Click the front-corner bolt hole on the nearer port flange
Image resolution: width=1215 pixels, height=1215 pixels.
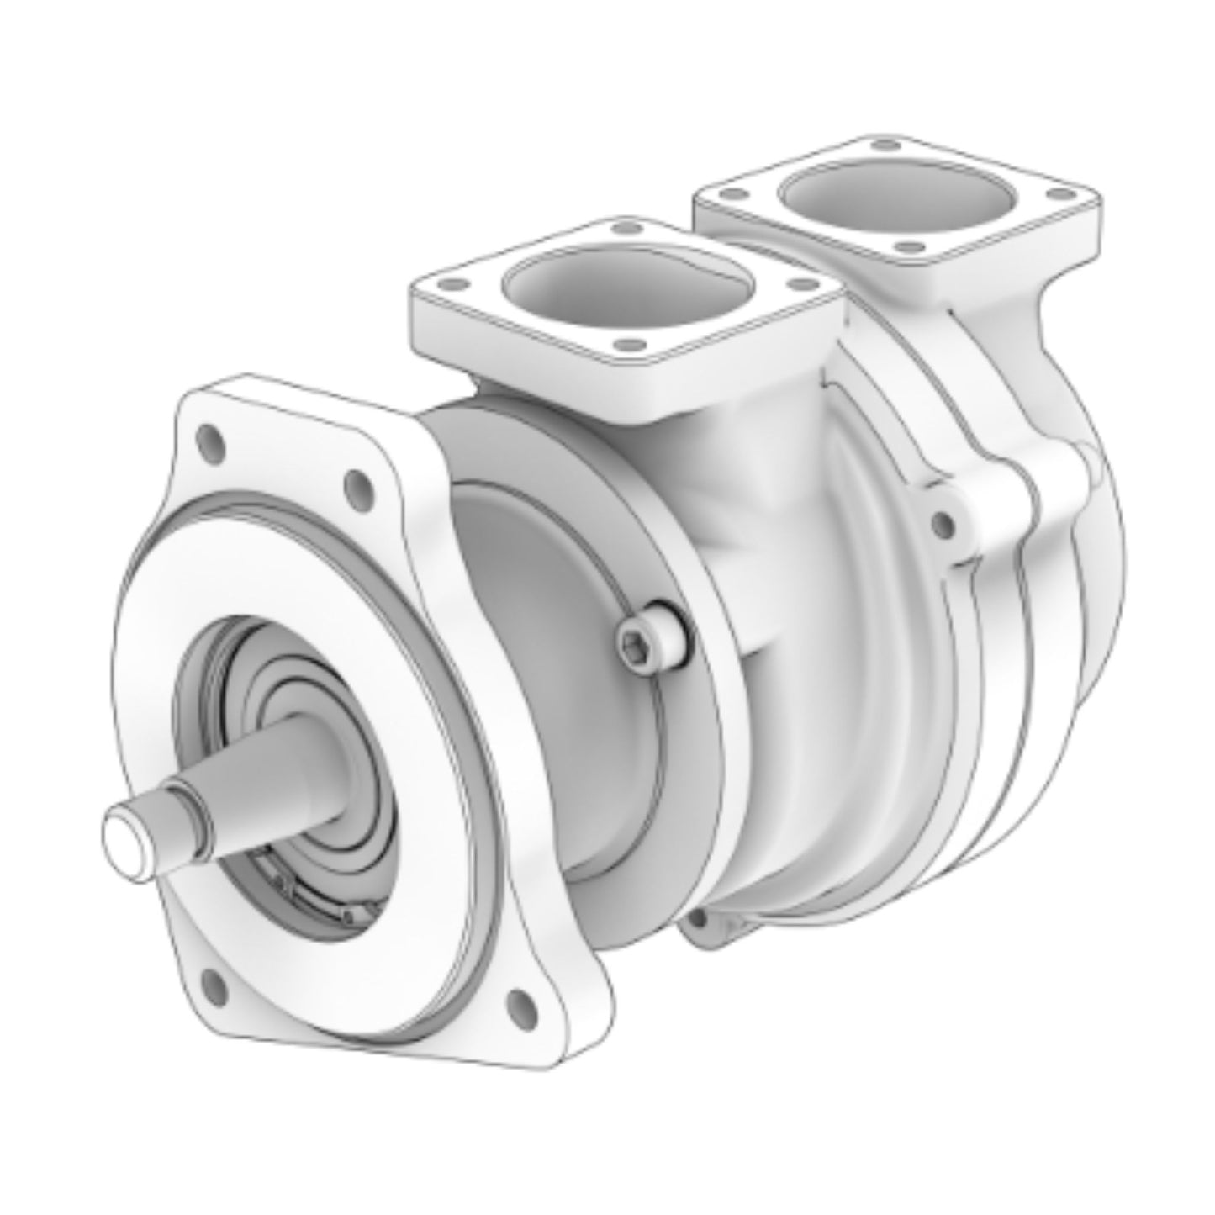[x=626, y=344]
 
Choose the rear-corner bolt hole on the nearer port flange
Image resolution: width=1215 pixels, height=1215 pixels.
[x=623, y=228]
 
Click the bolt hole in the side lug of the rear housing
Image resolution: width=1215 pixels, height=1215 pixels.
[x=943, y=523]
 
